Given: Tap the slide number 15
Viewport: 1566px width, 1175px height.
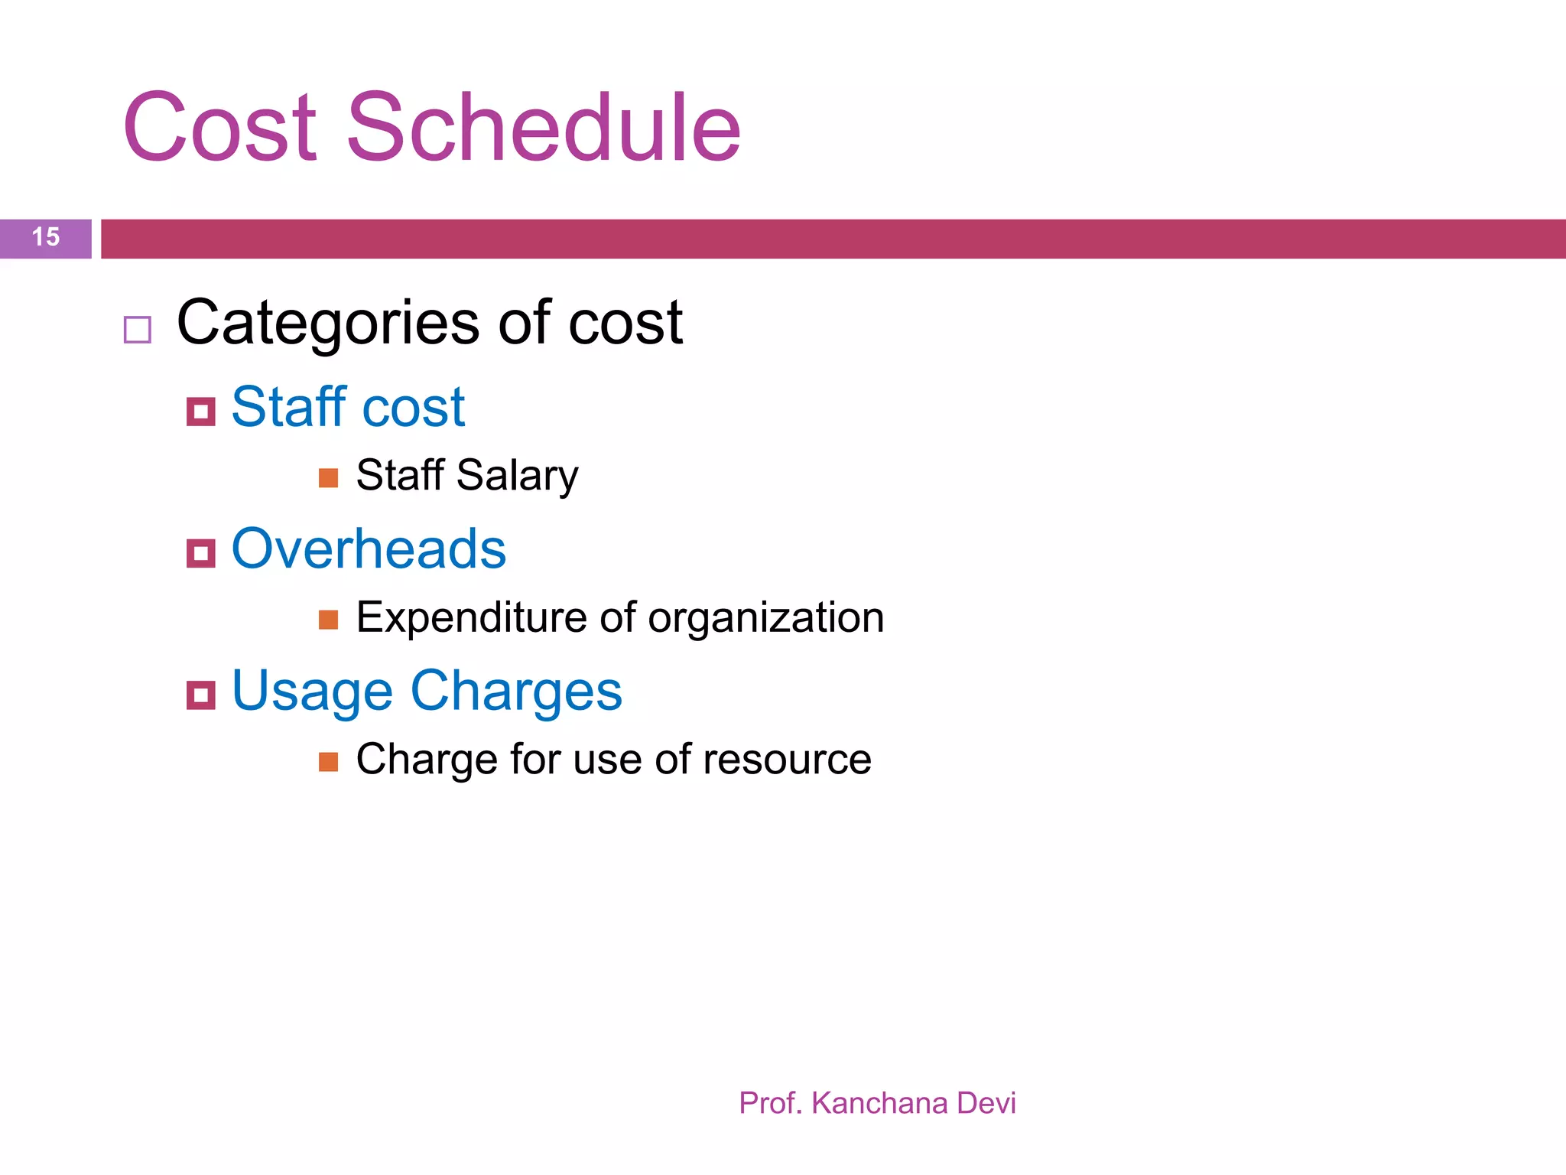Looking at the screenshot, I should [x=46, y=237].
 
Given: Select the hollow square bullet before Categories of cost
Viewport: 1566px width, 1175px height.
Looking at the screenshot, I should [x=138, y=330].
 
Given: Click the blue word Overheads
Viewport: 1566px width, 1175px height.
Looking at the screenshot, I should [x=369, y=548].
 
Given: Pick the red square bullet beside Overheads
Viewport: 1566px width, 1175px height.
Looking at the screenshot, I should [x=201, y=552].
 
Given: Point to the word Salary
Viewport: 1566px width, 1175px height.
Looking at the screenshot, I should [x=517, y=476].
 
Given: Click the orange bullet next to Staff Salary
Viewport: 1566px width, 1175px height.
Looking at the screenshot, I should [x=329, y=478].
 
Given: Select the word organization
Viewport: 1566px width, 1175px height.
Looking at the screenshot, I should [x=765, y=617].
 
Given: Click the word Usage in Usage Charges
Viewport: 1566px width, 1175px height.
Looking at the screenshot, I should [x=312, y=692].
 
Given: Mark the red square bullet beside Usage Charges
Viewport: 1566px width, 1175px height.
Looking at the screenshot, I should [x=201, y=695].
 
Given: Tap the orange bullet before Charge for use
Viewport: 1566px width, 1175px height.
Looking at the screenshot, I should [x=329, y=762].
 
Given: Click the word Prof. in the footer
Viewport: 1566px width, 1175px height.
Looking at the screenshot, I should [x=770, y=1103].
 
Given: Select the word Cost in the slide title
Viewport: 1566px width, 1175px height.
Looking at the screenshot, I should [x=219, y=128].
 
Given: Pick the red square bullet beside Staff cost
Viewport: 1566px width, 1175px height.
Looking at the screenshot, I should [x=201, y=412].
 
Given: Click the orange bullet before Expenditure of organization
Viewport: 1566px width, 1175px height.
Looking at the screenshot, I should [x=329, y=620].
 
